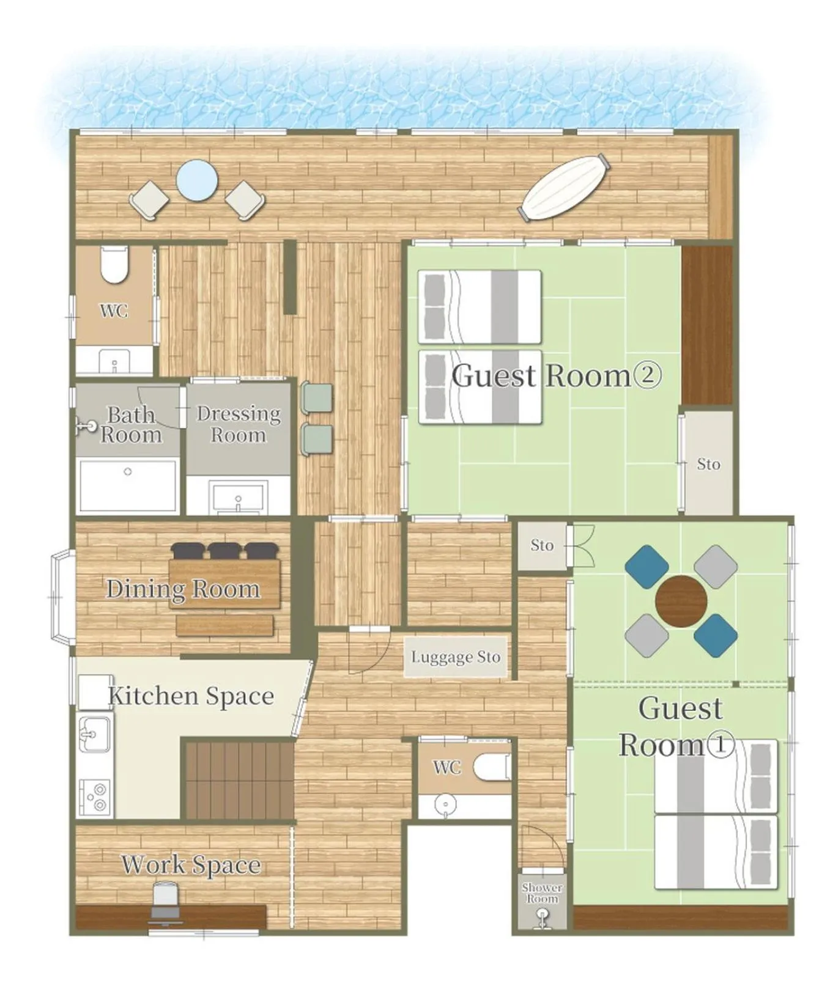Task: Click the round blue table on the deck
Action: [197, 180]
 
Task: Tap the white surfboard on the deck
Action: [564, 188]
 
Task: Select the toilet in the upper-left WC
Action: [114, 265]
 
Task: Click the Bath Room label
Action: [131, 424]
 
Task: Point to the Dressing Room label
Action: [239, 424]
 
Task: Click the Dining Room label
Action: [183, 589]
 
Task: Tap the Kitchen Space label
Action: [191, 696]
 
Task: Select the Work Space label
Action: [191, 864]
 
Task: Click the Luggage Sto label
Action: [456, 657]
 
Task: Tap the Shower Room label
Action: [542, 893]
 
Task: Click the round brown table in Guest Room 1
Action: [681, 601]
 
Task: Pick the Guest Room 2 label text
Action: [556, 375]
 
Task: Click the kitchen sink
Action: [94, 734]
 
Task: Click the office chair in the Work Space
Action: [165, 902]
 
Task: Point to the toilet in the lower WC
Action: [492, 767]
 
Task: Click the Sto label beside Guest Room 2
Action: [708, 465]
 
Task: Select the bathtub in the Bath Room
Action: [128, 485]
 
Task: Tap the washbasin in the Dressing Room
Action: [238, 497]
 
